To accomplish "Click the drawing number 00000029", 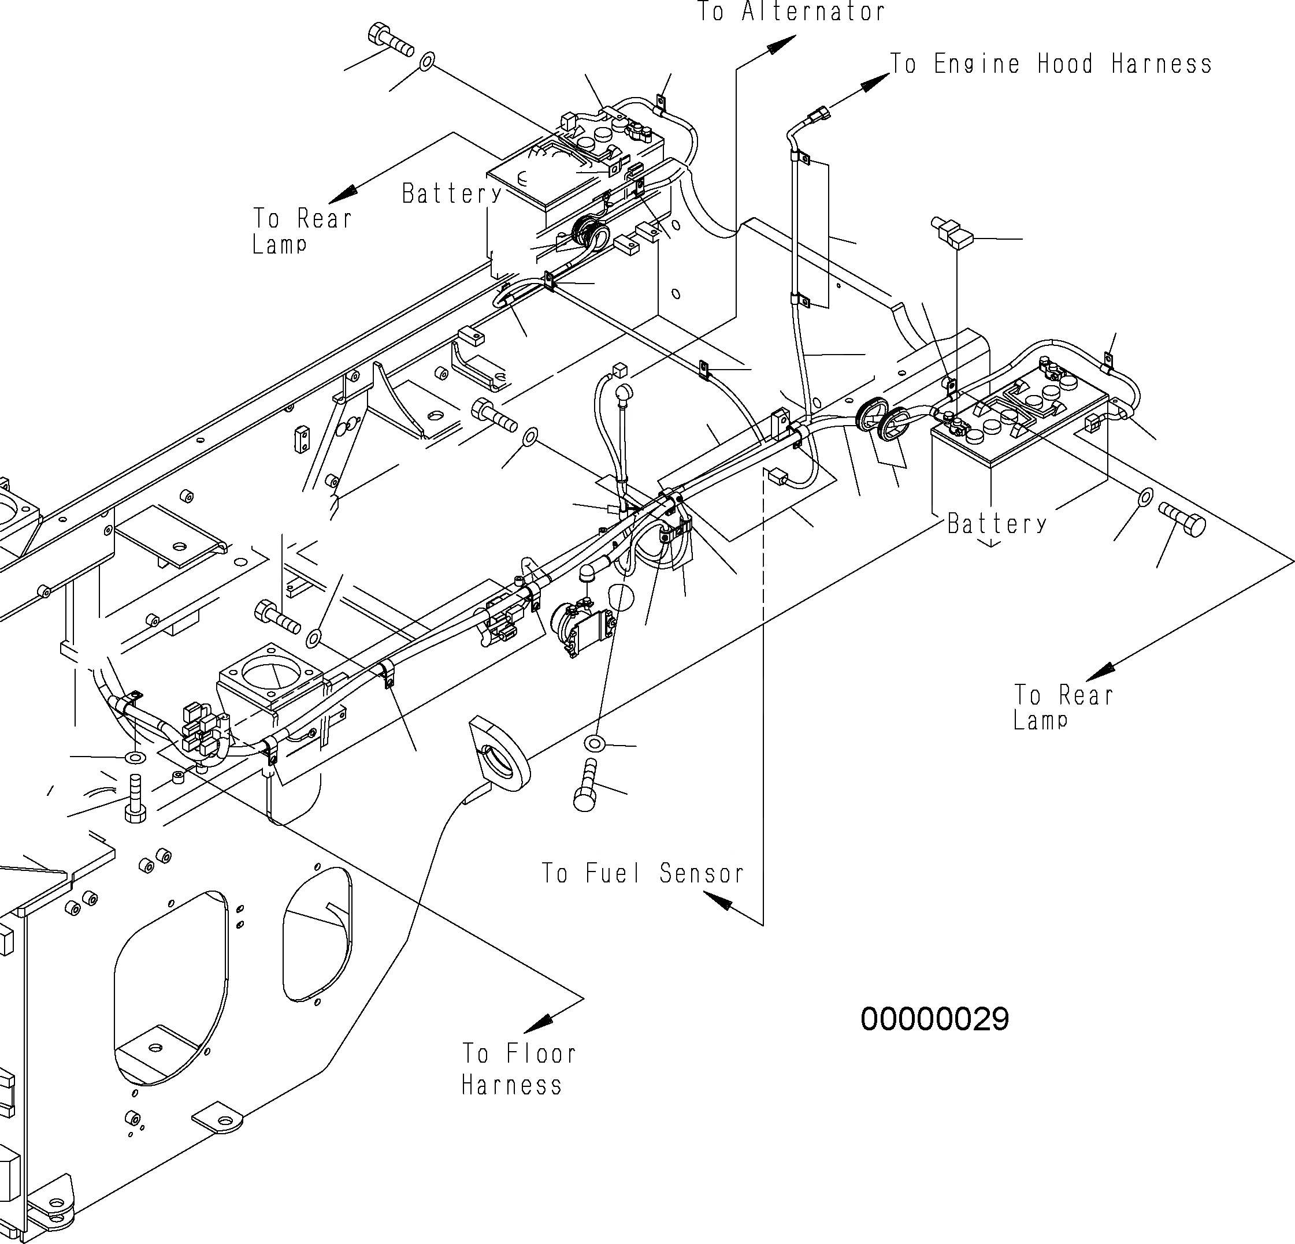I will (934, 1019).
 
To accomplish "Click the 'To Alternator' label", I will (791, 12).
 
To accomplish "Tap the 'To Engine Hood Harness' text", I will (1051, 64).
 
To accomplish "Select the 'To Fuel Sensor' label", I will (642, 874).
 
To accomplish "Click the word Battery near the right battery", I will (996, 524).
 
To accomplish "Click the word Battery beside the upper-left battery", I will (452, 193).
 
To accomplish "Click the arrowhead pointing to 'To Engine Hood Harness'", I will (876, 82).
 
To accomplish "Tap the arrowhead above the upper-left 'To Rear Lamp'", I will (342, 194).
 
